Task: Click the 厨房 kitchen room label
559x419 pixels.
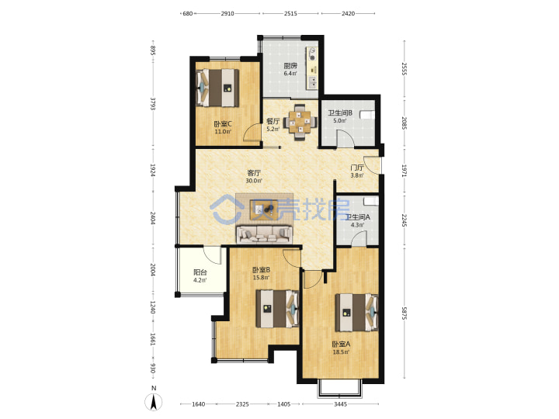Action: tap(290, 65)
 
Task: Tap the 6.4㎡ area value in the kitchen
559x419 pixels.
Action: tap(290, 74)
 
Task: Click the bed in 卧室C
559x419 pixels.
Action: tap(217, 88)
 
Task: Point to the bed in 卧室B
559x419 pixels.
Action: tap(277, 309)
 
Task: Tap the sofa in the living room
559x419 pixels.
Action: tap(264, 234)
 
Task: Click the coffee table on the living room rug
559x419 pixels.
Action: tap(264, 210)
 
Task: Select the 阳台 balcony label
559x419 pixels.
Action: tap(200, 272)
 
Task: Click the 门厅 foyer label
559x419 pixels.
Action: tap(357, 168)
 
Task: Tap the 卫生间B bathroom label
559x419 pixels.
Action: tap(340, 113)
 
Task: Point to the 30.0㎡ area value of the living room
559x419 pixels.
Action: tap(254, 181)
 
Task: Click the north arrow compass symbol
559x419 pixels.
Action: tap(154, 402)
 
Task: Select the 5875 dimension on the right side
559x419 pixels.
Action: tap(404, 313)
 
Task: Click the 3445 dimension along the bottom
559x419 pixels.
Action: tap(341, 404)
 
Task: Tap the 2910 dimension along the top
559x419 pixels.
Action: tap(227, 13)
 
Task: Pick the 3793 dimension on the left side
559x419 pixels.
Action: tap(153, 104)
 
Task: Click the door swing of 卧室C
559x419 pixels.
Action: tap(252, 133)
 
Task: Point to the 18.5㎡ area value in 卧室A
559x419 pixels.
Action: tap(341, 352)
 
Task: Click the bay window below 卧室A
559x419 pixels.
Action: tap(340, 388)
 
